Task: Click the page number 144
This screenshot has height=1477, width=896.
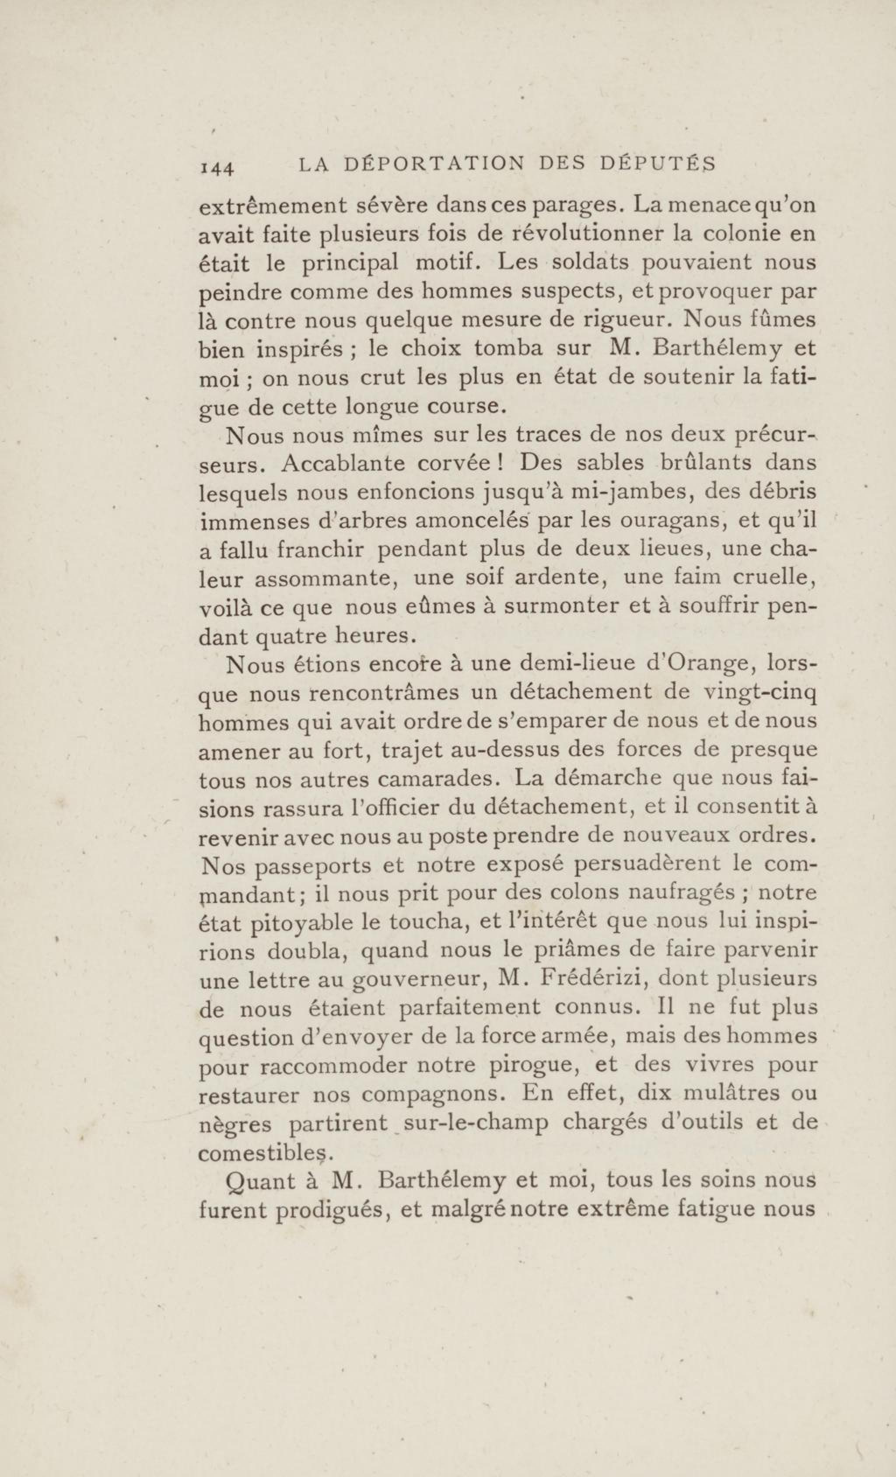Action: [217, 168]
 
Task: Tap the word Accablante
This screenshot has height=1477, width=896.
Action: [350, 463]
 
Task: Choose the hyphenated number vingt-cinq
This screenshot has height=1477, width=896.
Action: [759, 693]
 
